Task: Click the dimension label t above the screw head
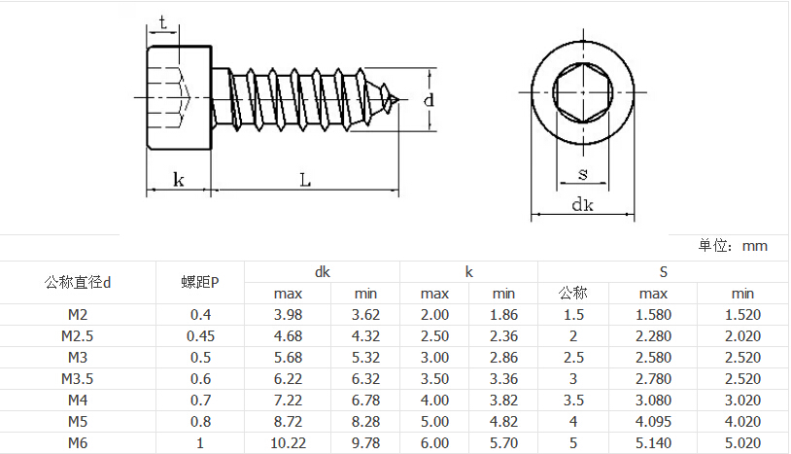pos(162,22)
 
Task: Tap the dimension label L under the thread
pos(305,180)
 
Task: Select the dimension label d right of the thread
pos(429,100)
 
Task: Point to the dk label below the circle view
pos(582,204)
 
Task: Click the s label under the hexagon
pos(583,175)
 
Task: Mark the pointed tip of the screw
pos(405,99)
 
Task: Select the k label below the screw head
pos(179,180)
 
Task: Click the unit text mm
pos(755,246)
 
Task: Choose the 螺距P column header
pos(200,282)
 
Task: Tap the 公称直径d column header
pos(78,282)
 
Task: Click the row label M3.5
pos(78,379)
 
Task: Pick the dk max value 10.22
pos(288,443)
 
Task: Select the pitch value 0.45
pos(200,336)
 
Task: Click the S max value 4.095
pos(653,422)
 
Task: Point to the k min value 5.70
pos(503,443)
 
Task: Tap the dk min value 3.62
pos(365,315)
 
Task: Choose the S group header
pos(664,272)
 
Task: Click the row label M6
pos(78,443)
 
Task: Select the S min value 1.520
pos(742,315)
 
